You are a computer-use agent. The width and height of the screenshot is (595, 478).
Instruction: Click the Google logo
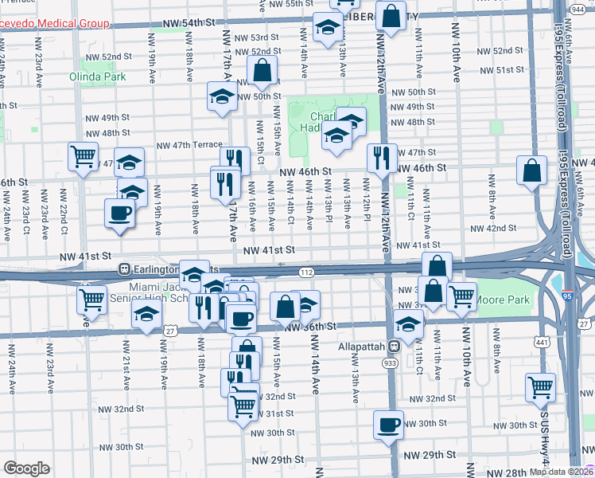tap(26, 468)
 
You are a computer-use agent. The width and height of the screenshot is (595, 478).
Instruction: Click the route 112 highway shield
tap(305, 272)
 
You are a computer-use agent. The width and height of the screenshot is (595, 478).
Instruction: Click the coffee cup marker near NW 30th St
tap(388, 425)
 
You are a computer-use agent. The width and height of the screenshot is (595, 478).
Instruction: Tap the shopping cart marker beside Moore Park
tap(461, 296)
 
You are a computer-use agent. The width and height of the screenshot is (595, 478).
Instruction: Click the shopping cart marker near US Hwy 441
tap(540, 387)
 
